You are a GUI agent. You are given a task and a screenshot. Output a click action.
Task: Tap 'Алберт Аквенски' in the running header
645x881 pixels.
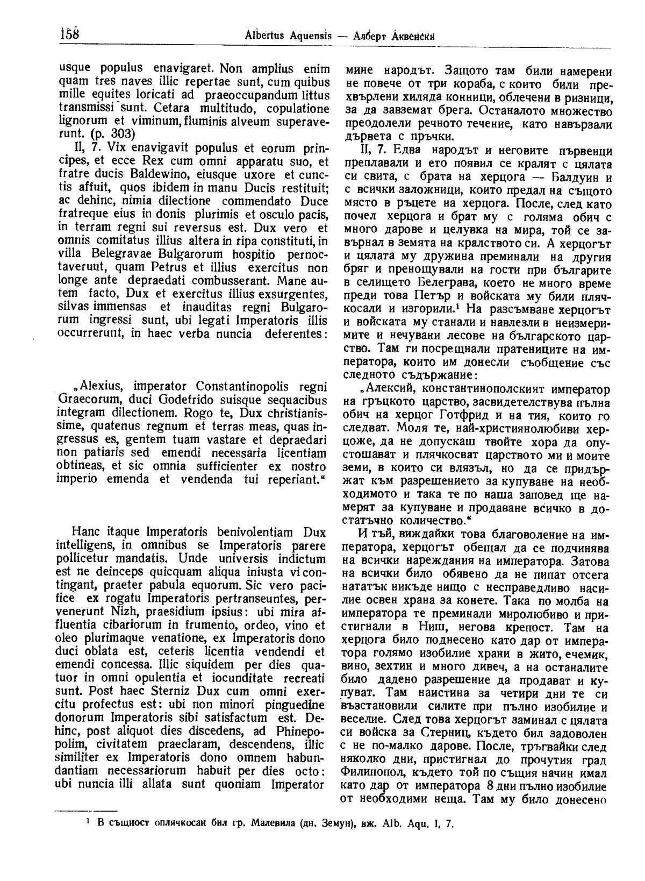[x=394, y=36]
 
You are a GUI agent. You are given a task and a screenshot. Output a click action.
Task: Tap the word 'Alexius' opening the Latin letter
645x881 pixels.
[x=107, y=387]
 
